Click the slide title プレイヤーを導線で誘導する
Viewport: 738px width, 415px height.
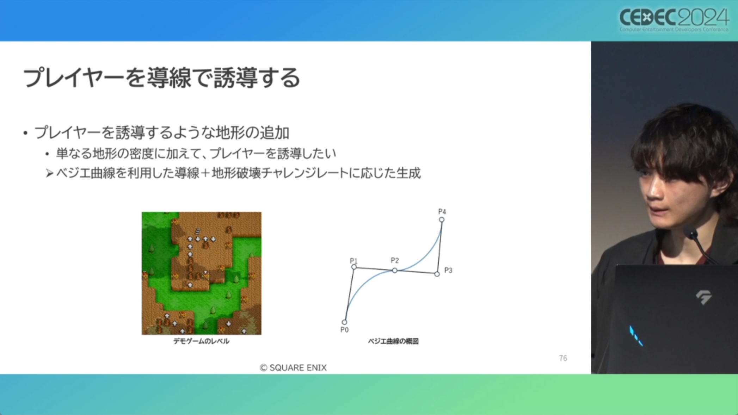point(161,78)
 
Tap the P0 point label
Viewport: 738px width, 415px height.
point(344,330)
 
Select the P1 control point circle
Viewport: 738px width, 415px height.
point(354,267)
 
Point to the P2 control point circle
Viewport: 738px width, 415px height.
point(395,270)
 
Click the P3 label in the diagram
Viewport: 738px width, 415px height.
point(448,270)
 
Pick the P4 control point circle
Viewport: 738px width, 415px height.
point(442,219)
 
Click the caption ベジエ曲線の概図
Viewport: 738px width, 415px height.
point(393,341)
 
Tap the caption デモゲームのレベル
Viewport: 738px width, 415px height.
point(201,341)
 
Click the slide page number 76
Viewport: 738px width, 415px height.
point(563,358)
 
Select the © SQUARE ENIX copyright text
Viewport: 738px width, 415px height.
point(293,367)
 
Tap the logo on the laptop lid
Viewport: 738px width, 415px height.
point(703,297)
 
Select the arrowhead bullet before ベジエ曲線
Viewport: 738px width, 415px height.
point(49,173)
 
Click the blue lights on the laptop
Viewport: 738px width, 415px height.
point(636,336)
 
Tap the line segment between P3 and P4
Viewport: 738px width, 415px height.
point(439,247)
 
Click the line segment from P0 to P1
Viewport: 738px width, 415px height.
point(349,295)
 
